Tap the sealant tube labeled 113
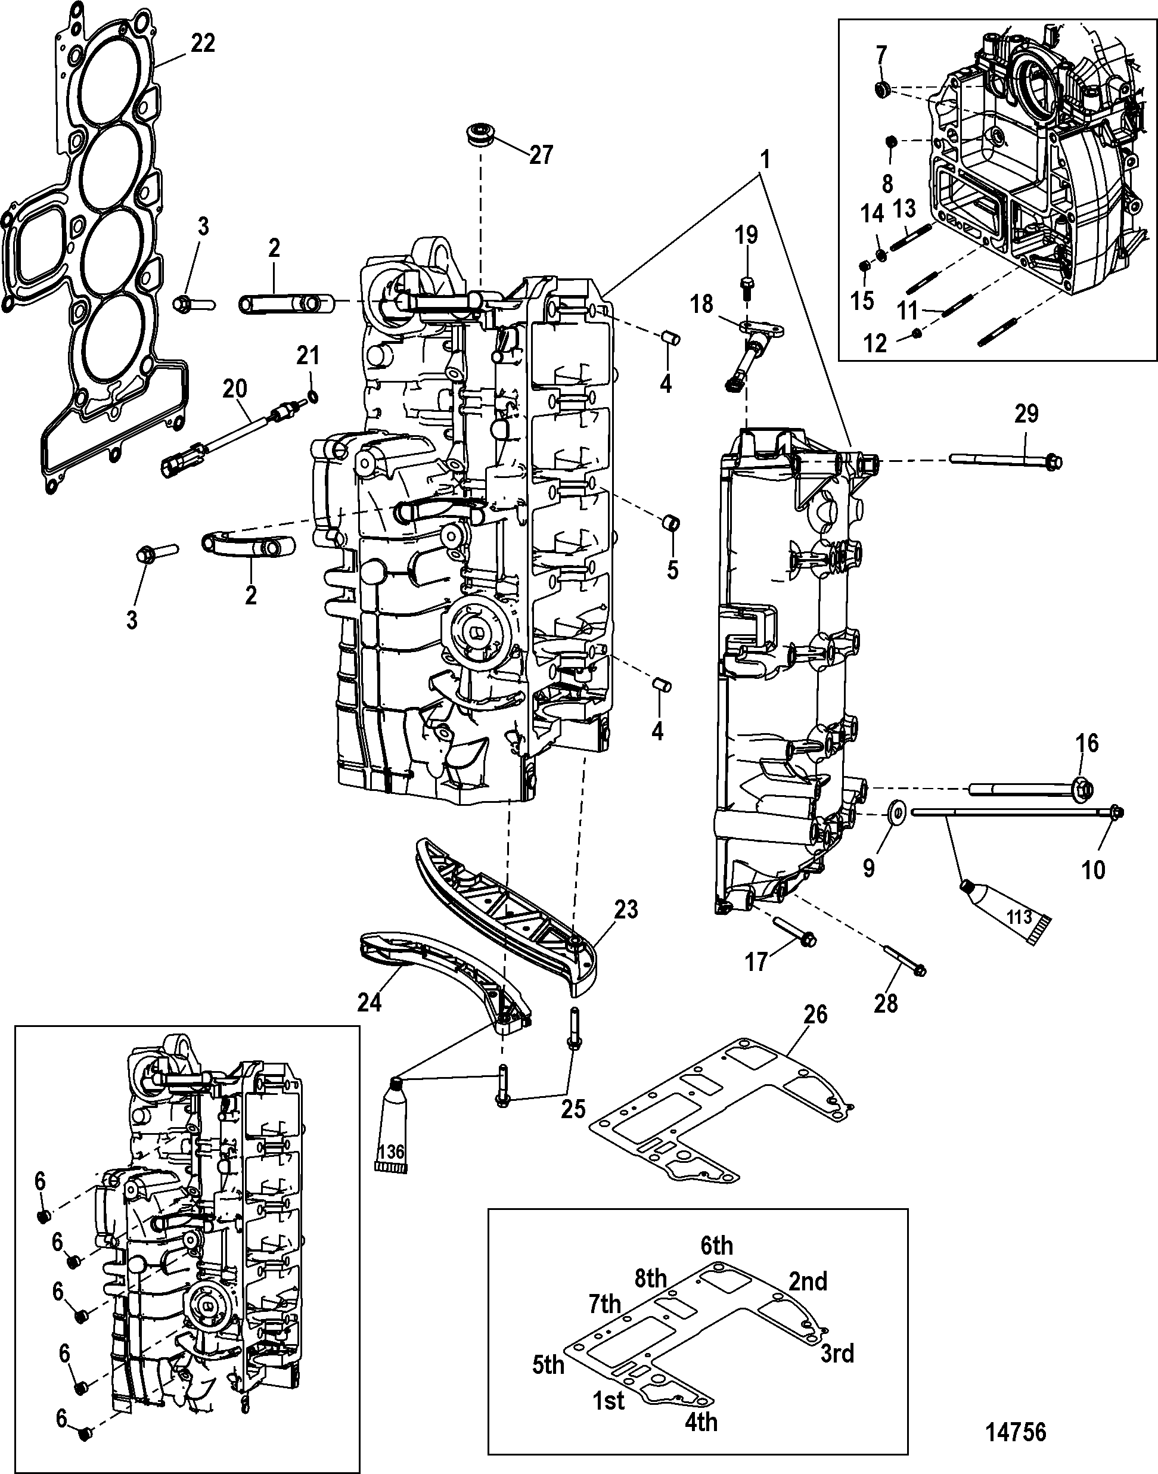pyautogui.click(x=1005, y=912)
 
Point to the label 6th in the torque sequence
pyautogui.click(x=716, y=1246)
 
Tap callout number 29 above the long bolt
pyautogui.click(x=1026, y=413)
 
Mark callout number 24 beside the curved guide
pyautogui.click(x=370, y=1002)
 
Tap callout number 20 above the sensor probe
pyautogui.click(x=235, y=389)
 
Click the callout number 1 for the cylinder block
pyautogui.click(x=765, y=161)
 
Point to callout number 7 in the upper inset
pyautogui.click(x=881, y=54)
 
